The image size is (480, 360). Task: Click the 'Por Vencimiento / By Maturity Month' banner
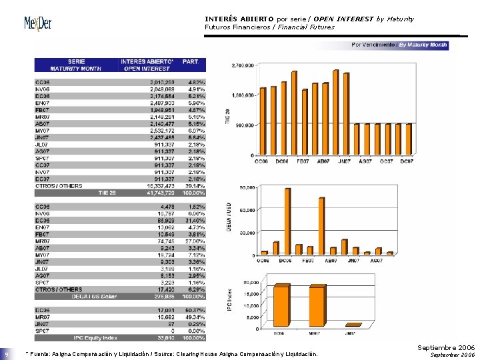[399, 45]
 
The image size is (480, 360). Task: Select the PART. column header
[192, 65]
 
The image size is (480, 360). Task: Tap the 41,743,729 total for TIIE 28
[161, 192]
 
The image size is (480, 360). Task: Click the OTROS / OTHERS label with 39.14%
[59, 185]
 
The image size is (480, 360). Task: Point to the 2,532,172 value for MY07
[161, 130]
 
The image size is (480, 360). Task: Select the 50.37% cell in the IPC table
[195, 310]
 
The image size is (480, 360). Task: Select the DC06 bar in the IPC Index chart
[282, 305]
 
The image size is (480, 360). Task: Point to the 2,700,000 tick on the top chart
[242, 65]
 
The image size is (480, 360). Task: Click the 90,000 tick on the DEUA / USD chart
[247, 187]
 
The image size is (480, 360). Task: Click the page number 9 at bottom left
[6, 354]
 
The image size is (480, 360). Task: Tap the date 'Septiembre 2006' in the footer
[446, 348]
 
